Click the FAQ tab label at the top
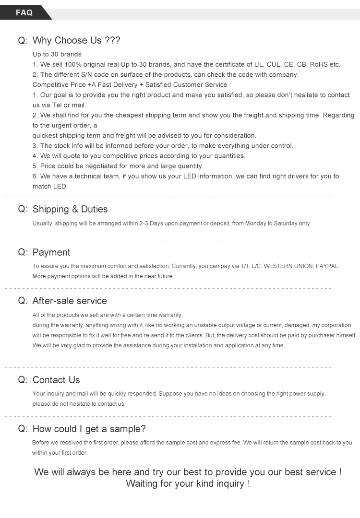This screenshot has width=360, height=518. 24,13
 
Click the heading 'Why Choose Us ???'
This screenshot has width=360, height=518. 76,41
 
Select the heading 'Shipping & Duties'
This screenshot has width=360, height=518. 70,209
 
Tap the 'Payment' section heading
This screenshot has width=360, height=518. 51,253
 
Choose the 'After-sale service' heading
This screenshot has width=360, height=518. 70,301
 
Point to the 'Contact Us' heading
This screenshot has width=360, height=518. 56,380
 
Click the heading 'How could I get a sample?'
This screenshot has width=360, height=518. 89,429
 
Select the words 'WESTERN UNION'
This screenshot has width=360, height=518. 288,266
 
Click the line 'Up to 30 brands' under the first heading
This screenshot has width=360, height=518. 57,54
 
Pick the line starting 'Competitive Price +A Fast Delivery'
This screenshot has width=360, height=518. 130,84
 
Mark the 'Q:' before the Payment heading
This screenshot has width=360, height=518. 23,253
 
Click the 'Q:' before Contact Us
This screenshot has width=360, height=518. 23,380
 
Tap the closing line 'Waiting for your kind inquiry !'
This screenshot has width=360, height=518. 188,483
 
